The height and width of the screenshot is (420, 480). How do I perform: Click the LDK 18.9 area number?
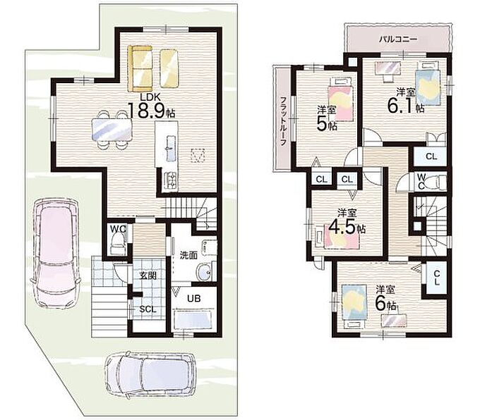(x=148, y=111)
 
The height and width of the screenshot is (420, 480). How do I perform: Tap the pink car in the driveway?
(x=55, y=252)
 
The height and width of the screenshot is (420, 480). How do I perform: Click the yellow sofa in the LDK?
(x=140, y=68)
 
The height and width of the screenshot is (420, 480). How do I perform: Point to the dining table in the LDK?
(x=112, y=130)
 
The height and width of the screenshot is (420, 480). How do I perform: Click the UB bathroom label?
(x=193, y=298)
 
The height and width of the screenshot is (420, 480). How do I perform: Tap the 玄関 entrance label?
(x=148, y=276)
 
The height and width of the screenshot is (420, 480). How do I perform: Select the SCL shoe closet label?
(x=148, y=309)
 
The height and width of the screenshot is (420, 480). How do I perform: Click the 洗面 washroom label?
(x=188, y=255)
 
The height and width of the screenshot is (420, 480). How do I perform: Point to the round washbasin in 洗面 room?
(x=203, y=271)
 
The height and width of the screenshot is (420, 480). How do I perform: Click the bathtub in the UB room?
(x=193, y=319)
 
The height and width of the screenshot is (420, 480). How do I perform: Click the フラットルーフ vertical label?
(x=283, y=121)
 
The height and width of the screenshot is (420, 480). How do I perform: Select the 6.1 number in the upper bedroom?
(x=401, y=106)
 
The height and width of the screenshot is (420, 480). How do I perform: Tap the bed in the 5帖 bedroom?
(x=341, y=99)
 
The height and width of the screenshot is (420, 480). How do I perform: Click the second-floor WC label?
(x=421, y=181)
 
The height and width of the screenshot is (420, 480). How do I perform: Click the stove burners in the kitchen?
(x=171, y=180)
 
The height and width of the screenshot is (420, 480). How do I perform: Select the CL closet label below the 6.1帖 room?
(x=431, y=156)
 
